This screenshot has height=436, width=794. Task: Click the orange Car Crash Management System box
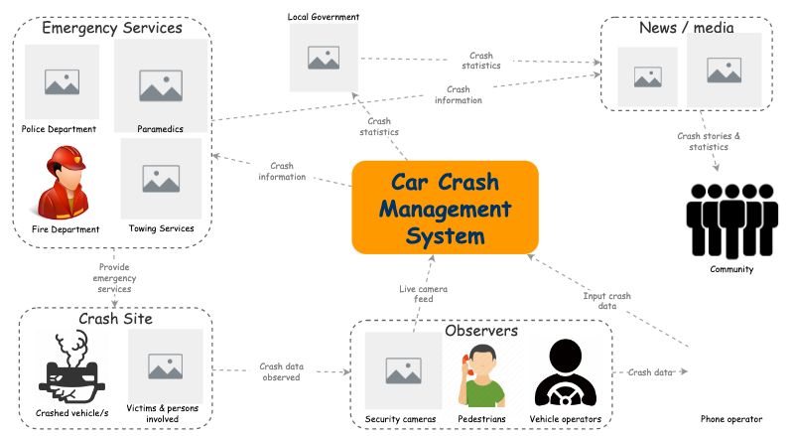(x=445, y=208)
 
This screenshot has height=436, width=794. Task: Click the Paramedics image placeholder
(x=160, y=85)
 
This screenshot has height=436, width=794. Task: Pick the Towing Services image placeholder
(x=160, y=179)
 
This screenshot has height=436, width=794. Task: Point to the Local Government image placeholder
(x=324, y=58)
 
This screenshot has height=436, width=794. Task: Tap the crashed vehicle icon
(x=66, y=366)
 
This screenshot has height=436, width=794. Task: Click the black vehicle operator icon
(x=567, y=374)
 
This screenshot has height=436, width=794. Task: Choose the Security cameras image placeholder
(x=401, y=370)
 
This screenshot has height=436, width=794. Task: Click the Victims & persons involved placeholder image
(x=165, y=366)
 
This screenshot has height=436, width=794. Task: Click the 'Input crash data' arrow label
(x=605, y=301)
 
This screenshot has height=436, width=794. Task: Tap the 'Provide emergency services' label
(x=115, y=277)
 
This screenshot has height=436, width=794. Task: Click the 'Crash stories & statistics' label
(x=709, y=142)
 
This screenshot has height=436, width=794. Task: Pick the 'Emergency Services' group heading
(x=111, y=28)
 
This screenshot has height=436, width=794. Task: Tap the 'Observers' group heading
(x=480, y=330)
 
